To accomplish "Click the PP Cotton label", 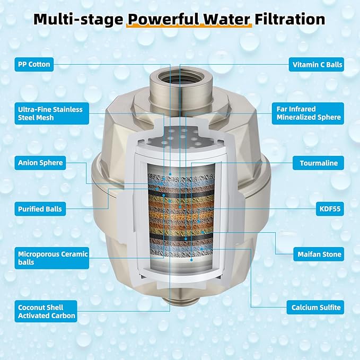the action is [x=34, y=64].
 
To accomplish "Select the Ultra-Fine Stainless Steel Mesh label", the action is [x=51, y=113].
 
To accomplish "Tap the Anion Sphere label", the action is [x=40, y=163].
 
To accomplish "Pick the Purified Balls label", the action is [x=40, y=209].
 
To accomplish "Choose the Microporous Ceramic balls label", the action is [x=51, y=258].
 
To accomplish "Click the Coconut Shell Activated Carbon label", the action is [x=46, y=311].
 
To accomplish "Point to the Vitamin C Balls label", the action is [x=317, y=65].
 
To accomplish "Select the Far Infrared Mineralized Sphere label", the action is [x=308, y=113].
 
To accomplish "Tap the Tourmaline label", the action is [x=318, y=163].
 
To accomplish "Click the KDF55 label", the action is [x=330, y=209].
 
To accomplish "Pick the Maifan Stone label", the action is [x=319, y=254].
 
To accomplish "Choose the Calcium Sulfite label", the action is [x=315, y=308].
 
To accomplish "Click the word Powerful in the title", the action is [x=163, y=19].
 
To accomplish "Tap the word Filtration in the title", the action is [x=289, y=19].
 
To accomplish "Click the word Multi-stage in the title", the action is [x=78, y=20].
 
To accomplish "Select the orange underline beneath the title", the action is [x=189, y=25].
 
